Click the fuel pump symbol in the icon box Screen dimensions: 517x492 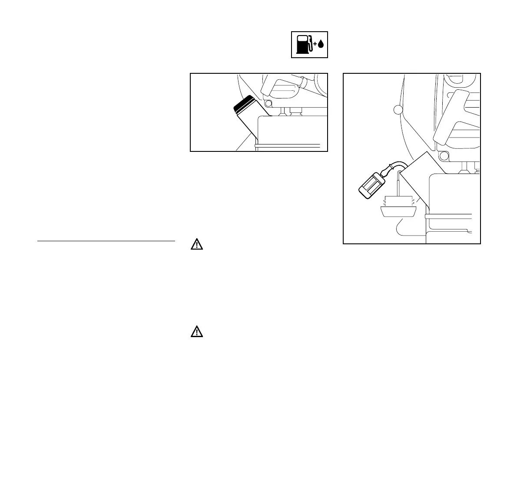point(303,45)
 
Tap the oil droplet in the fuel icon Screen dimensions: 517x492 point(321,44)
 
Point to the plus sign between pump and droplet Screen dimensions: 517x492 point(315,44)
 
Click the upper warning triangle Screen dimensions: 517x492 point(197,245)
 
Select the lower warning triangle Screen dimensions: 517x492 point(197,332)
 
